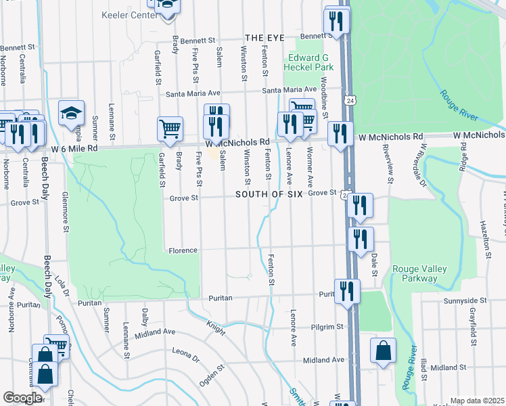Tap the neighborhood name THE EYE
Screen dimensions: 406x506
pos(262,39)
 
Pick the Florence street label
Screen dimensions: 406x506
pos(183,250)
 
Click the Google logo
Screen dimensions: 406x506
pos(22,398)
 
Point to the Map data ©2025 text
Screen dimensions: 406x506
pos(477,401)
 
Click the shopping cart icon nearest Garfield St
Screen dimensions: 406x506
pos(170,129)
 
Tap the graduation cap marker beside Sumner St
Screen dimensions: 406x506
pos(71,113)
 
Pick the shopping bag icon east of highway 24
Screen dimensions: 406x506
pos(383,352)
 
